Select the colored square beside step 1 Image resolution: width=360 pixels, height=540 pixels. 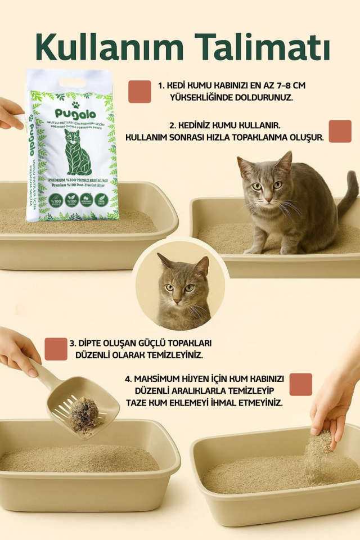(x=139, y=92)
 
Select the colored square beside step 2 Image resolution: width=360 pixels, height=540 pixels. (x=340, y=131)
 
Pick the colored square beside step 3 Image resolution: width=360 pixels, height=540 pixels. (x=56, y=349)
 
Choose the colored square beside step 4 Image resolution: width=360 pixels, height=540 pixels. (x=300, y=384)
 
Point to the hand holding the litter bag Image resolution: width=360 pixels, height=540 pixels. (x=10, y=112)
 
